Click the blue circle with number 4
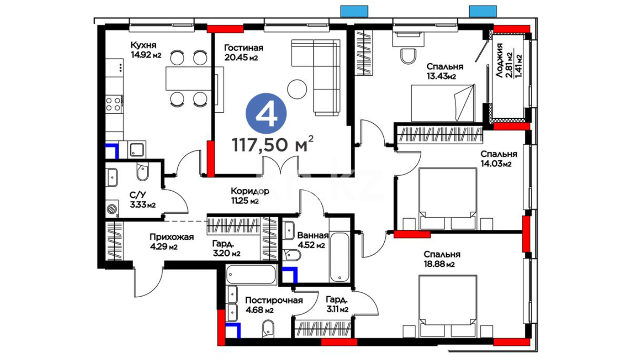point(266,114)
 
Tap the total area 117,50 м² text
point(273,144)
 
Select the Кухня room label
point(143,45)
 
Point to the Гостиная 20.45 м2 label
point(244,53)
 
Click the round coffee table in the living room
point(297,89)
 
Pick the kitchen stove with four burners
point(113,104)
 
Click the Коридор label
point(250,191)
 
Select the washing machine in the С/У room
point(112,209)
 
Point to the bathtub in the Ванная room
point(339,257)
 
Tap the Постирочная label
point(274,300)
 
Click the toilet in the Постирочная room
point(268,328)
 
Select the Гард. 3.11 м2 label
point(337,304)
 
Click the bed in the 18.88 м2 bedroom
point(448,306)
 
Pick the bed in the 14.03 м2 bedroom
point(448,199)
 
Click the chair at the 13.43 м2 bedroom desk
point(408,56)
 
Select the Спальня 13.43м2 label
point(445,71)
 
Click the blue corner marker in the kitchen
point(112,151)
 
